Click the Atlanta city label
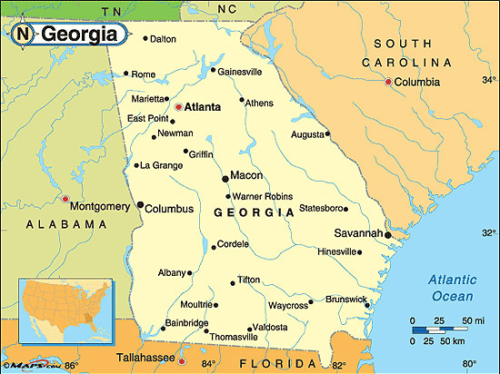(x=203, y=107)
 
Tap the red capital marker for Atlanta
(x=178, y=107)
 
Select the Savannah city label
(x=357, y=233)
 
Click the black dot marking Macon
(x=225, y=178)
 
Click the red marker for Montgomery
(x=65, y=198)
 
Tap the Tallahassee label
(x=148, y=358)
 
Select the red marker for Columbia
(x=388, y=83)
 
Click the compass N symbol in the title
(x=24, y=35)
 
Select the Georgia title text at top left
(x=79, y=35)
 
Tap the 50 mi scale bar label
(x=474, y=321)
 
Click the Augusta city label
(x=306, y=134)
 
